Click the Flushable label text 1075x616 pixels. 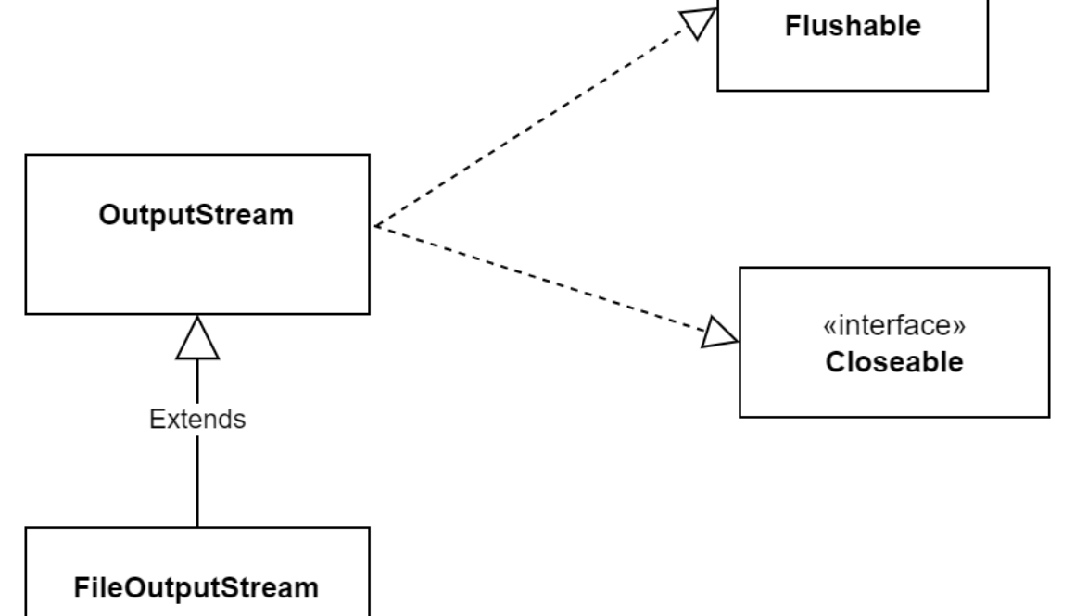[853, 26]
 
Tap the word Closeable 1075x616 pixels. [894, 361]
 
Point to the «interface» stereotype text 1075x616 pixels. [894, 329]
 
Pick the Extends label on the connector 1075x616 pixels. [197, 419]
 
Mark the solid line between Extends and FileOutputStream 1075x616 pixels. [197, 482]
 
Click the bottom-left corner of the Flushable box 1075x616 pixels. [719, 90]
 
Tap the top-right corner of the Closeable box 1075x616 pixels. [1050, 268]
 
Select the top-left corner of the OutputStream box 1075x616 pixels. [26, 155]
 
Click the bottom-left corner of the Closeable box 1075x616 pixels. [740, 415]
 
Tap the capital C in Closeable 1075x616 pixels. [833, 361]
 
